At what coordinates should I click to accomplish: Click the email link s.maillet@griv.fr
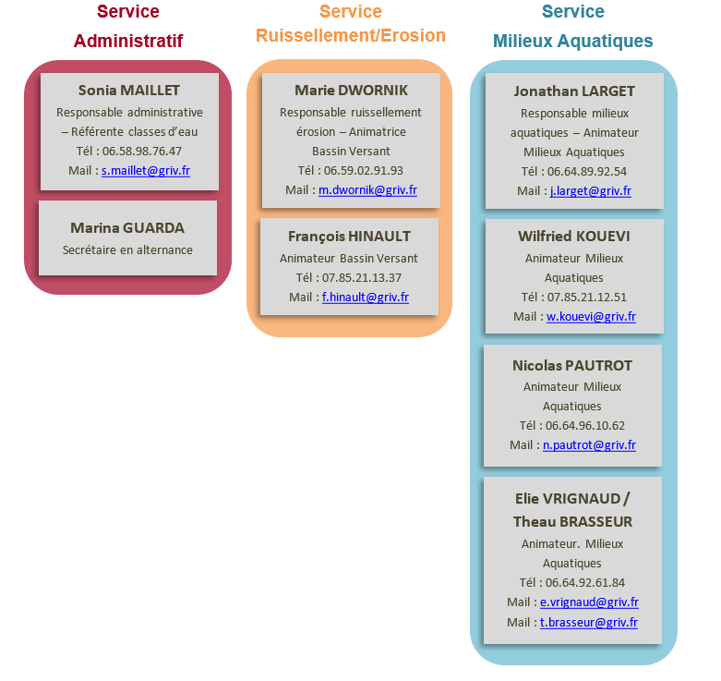click(x=146, y=171)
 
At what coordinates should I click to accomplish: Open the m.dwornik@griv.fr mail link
click(x=367, y=190)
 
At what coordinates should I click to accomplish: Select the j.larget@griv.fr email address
click(x=591, y=191)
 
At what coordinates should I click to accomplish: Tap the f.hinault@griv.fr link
click(x=366, y=298)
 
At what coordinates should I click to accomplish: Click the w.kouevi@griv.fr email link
click(x=592, y=317)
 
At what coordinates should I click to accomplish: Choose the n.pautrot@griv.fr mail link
click(x=590, y=445)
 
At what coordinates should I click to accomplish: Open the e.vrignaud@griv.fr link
click(x=590, y=602)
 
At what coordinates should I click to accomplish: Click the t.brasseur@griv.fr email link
click(x=589, y=623)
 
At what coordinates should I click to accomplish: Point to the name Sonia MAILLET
click(x=129, y=91)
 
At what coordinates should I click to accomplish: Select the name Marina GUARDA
click(x=127, y=227)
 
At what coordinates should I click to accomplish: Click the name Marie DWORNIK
click(x=352, y=91)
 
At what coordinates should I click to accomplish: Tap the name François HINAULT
click(x=350, y=236)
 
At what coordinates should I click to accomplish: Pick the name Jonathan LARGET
click(x=574, y=91)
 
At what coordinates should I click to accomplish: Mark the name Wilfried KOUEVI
click(x=574, y=236)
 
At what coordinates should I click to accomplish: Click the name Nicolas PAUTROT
click(x=572, y=365)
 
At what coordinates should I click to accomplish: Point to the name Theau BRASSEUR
click(x=573, y=522)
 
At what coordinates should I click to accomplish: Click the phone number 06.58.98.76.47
click(x=142, y=151)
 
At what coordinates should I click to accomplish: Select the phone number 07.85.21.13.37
click(x=362, y=278)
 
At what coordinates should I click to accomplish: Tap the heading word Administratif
click(x=128, y=41)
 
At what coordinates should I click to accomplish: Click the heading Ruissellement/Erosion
click(x=351, y=35)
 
